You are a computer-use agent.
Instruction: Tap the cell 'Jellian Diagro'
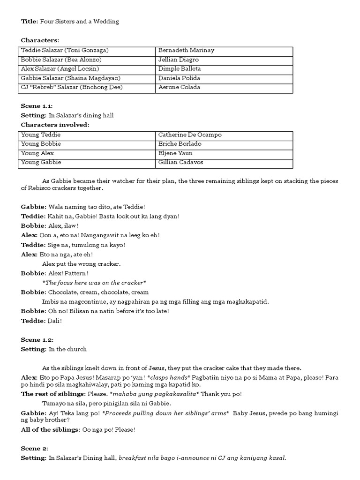[x=179, y=60]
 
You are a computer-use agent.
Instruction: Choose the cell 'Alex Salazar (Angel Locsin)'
[x=60, y=69]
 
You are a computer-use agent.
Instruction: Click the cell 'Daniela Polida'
[x=179, y=78]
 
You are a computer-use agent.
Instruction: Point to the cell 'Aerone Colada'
[x=179, y=87]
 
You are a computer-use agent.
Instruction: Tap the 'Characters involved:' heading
[x=55, y=125]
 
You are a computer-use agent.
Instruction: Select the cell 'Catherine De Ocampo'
[x=190, y=135]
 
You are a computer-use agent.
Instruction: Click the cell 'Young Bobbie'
[x=41, y=144]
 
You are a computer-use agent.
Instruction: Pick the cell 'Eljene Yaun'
[x=176, y=153]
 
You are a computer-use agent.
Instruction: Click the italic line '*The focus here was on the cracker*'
[x=94, y=283]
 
